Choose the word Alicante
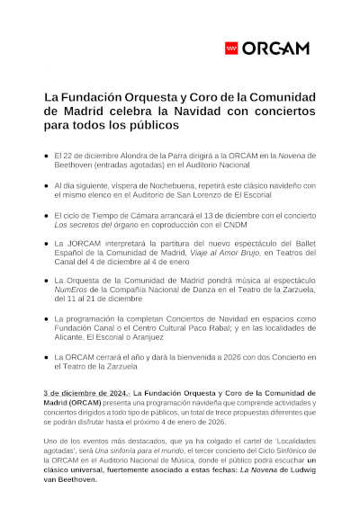72,338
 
